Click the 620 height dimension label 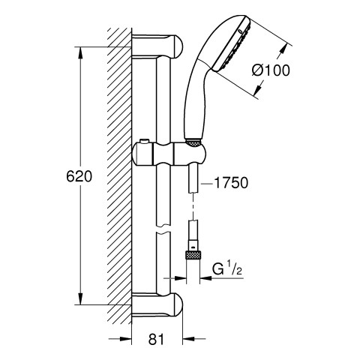point(79,176)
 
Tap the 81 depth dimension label point(157,340)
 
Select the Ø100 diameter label point(271,70)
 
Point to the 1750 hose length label point(231,183)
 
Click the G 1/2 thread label point(227,269)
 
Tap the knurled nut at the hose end point(193,256)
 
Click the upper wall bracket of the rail point(157,46)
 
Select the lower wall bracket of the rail point(157,305)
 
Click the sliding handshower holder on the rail point(169,154)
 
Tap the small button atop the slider point(145,142)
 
